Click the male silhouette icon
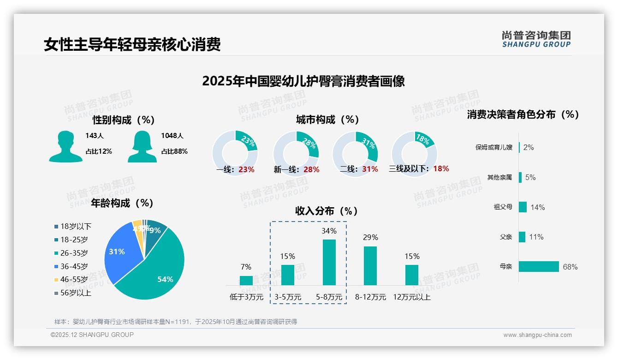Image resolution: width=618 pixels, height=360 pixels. [x=65, y=146]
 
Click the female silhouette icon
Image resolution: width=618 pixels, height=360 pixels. [x=142, y=146]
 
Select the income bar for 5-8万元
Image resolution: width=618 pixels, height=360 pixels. [x=329, y=262]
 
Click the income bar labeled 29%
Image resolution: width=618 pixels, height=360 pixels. [x=370, y=265]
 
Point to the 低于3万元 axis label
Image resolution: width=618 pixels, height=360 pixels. [x=246, y=297]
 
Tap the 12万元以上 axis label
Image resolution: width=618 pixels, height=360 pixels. [x=411, y=297]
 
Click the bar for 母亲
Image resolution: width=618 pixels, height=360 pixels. [x=539, y=267]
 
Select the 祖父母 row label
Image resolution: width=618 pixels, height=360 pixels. [x=503, y=207]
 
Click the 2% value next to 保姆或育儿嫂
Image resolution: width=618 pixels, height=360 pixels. [x=529, y=148]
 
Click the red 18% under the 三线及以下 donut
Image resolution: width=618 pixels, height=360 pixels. [x=441, y=169]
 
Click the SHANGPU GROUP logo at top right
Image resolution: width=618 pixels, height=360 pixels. [x=536, y=39]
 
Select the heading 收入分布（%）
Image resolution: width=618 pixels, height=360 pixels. [x=327, y=211]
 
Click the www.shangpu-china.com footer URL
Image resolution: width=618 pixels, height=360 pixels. [x=537, y=335]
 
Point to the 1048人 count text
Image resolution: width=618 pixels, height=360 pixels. [x=172, y=136]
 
